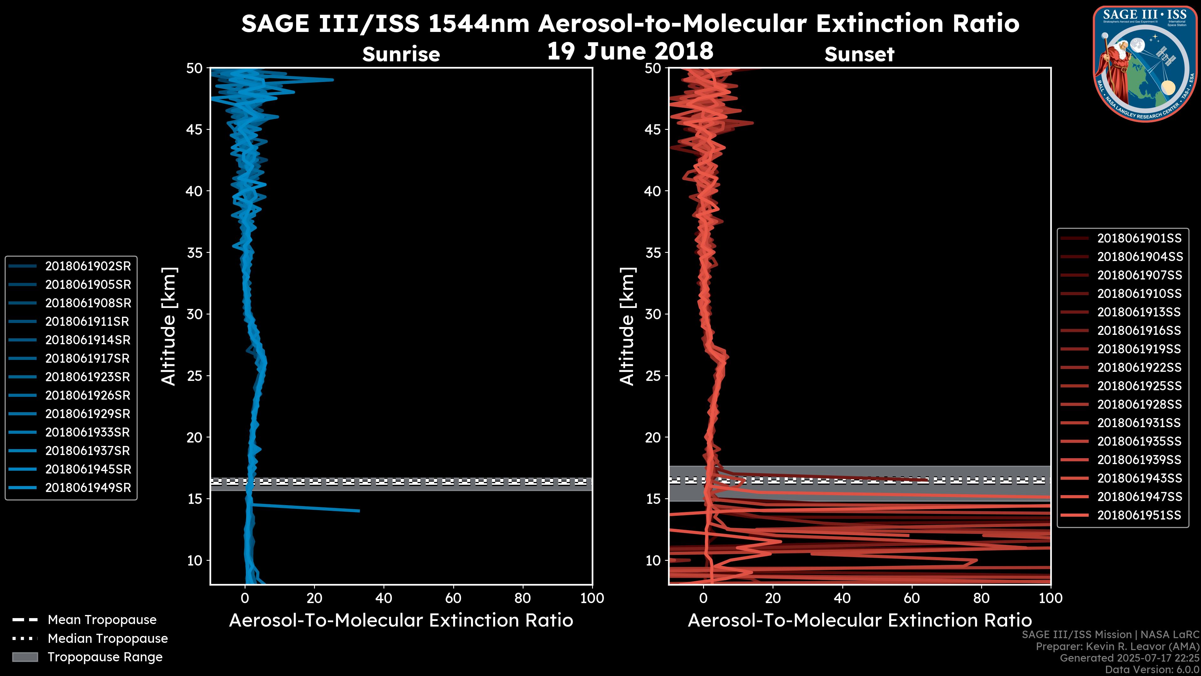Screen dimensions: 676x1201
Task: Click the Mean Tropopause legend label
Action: [102, 620]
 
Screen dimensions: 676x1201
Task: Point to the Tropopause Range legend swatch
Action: [25, 657]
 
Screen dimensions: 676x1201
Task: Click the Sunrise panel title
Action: [401, 54]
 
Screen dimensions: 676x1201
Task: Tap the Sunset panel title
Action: [859, 54]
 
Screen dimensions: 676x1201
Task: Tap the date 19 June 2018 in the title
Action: [630, 51]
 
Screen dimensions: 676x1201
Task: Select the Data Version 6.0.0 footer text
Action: [1152, 669]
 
